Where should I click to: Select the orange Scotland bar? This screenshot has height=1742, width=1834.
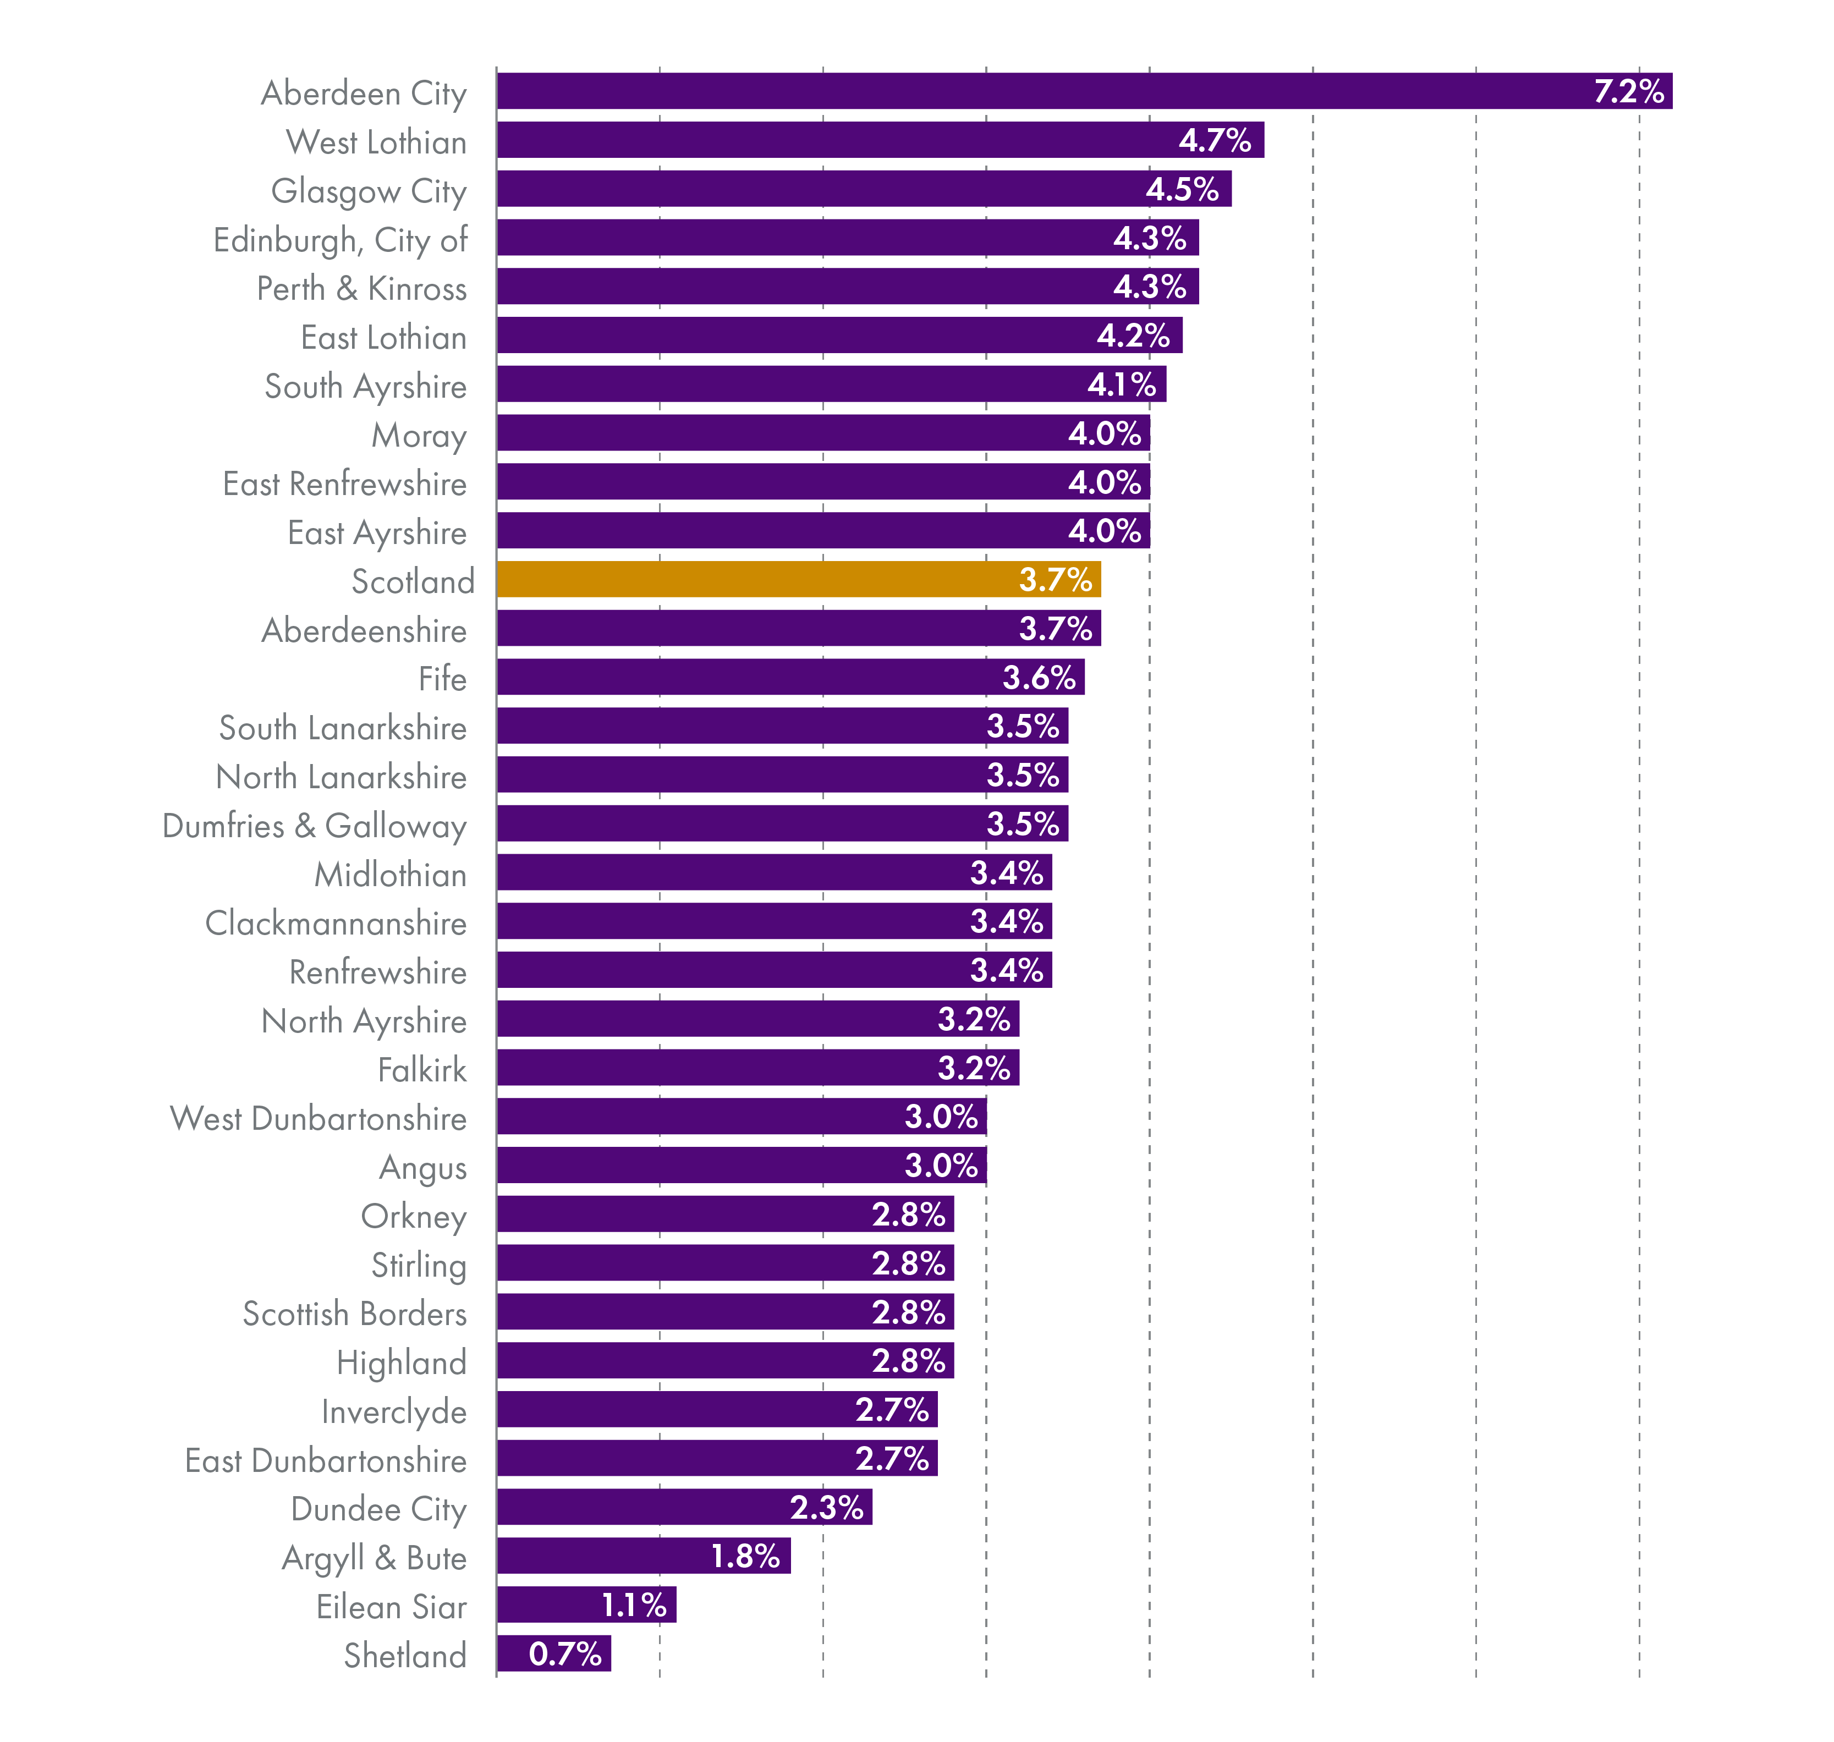pyautogui.click(x=799, y=579)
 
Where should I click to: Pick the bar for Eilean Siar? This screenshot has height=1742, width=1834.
pyautogui.click(x=586, y=1604)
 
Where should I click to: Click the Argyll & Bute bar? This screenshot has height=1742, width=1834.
pyautogui.click(x=644, y=1556)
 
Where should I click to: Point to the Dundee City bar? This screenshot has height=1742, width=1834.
pyautogui.click(x=684, y=1507)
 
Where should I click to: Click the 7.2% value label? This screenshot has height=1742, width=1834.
pyautogui.click(x=1628, y=91)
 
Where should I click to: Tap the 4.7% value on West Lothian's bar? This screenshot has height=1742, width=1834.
pyautogui.click(x=1215, y=140)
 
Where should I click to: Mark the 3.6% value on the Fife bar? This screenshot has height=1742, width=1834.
pyautogui.click(x=1038, y=678)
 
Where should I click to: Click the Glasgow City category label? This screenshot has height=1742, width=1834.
pyautogui.click(x=369, y=191)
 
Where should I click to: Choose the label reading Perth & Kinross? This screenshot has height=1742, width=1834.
pyautogui.click(x=361, y=289)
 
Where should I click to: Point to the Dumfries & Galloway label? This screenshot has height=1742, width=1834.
pyautogui.click(x=314, y=826)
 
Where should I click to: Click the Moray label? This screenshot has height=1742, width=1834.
pyautogui.click(x=419, y=435)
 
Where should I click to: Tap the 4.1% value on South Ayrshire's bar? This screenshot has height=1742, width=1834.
pyautogui.click(x=1122, y=384)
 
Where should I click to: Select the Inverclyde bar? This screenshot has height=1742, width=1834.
pyautogui.click(x=717, y=1410)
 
